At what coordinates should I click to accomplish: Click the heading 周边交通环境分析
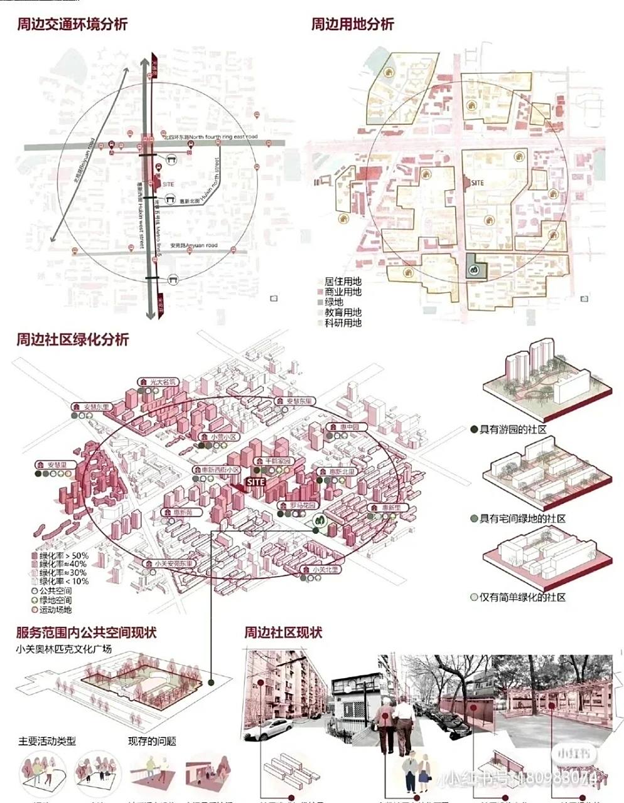[x=72, y=24]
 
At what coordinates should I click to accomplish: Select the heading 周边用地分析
[x=353, y=24]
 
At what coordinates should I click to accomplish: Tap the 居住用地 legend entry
[x=342, y=282]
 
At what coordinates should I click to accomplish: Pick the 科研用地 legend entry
[x=342, y=323]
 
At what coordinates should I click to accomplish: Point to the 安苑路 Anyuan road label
[x=193, y=245]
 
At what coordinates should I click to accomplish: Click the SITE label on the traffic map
[x=168, y=184]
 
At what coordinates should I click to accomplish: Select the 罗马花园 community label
[x=301, y=505]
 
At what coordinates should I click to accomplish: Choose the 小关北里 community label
[x=325, y=570]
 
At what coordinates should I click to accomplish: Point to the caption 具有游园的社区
[x=513, y=430]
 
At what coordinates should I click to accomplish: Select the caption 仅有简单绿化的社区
[x=522, y=597]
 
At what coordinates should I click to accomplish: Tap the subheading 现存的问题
[x=153, y=741]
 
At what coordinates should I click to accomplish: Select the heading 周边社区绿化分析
[x=73, y=339]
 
